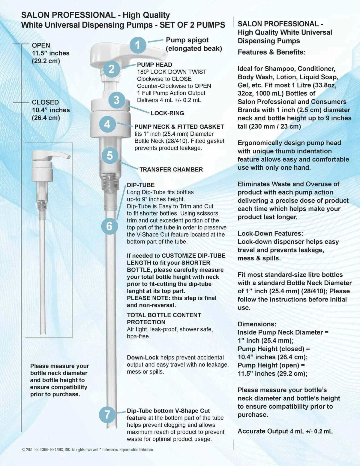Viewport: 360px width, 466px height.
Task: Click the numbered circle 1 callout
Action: coord(138,45)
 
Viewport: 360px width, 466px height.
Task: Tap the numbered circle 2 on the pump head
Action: coord(112,69)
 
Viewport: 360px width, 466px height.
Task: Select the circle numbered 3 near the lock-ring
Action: coord(116,100)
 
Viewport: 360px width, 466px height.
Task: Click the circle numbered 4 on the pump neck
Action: coord(107,124)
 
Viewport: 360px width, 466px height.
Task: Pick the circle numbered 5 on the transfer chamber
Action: coord(110,155)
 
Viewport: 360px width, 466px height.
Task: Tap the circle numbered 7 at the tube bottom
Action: coord(107,415)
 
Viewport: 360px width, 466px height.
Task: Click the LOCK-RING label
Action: coord(167,113)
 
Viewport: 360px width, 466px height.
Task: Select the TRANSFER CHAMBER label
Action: coord(171,169)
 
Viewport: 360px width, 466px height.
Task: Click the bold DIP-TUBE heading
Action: coord(141,185)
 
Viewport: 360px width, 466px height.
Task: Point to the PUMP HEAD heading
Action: coord(154,65)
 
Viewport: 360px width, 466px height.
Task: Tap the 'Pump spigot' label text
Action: coord(187,40)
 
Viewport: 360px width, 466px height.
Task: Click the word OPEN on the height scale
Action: coord(41,45)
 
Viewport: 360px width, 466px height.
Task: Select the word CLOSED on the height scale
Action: coord(45,102)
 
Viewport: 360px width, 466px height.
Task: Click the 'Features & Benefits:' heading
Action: coord(271,52)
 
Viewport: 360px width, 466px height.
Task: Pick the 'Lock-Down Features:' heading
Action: coord(270,233)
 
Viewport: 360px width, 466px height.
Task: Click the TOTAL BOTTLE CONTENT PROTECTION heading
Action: coord(164,319)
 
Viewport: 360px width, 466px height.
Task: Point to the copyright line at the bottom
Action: coord(88,449)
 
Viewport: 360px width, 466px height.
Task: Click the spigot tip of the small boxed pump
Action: coord(69,157)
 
